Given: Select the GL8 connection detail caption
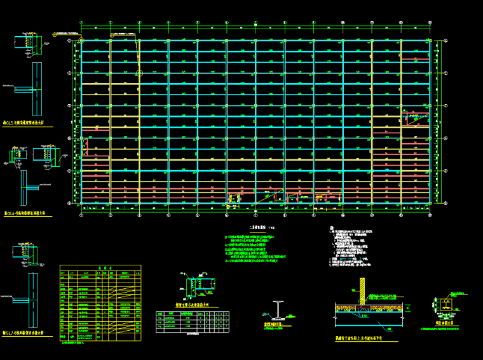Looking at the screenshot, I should point(29,214).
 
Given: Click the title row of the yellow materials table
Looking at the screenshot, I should point(100,268).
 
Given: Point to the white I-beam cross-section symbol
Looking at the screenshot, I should point(278,309).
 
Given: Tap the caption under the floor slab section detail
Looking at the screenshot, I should point(361,338).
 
